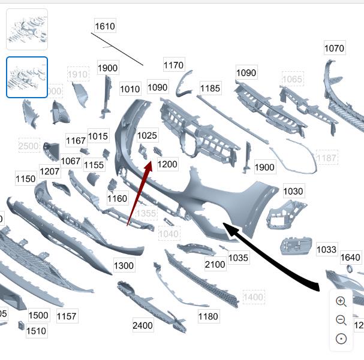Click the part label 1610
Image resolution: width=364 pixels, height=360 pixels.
tap(105, 26)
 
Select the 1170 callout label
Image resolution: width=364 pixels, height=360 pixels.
tap(174, 65)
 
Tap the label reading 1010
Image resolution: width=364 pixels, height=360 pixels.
tap(130, 89)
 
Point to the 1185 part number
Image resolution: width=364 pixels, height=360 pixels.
tap(210, 89)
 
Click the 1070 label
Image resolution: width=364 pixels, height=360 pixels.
tap(334, 49)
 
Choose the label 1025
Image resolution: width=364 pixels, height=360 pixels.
tap(147, 136)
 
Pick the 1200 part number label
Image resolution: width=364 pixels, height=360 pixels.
tap(167, 164)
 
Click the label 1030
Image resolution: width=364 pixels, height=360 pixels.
tap(293, 191)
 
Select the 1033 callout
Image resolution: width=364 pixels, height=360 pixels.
tap(326, 249)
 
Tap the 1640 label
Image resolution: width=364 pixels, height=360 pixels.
tap(350, 258)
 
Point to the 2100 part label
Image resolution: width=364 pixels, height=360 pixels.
tap(215, 264)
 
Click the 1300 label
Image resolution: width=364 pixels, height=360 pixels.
tap(124, 265)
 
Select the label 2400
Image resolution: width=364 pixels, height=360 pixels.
tap(143, 326)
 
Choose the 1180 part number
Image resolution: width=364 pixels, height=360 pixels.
tap(207, 316)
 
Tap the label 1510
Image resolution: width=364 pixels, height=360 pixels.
tap(36, 331)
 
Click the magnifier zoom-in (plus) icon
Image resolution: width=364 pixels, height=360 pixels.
tap(341, 302)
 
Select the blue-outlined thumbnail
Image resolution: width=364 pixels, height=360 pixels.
tap(27, 77)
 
